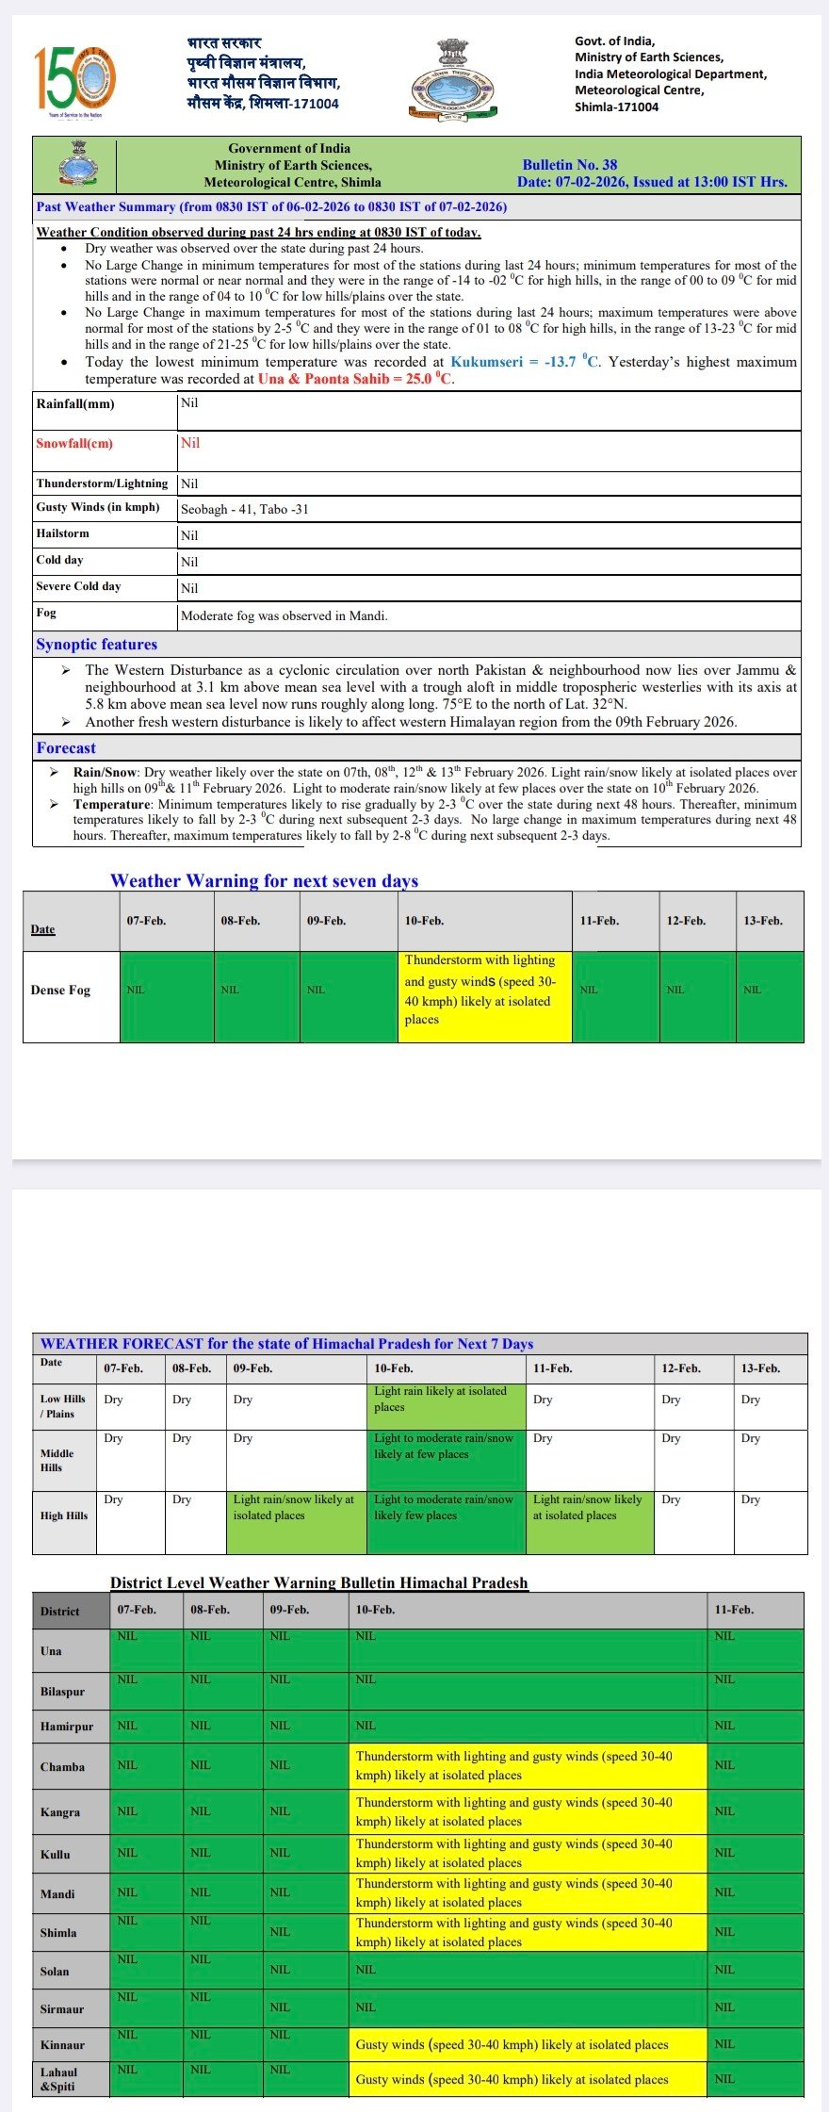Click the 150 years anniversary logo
[74, 80]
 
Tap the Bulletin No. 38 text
[569, 164]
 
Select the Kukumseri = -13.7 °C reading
[525, 362]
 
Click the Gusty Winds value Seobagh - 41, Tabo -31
[245, 509]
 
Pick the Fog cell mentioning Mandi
[284, 615]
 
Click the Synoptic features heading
[96, 645]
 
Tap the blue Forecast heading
[66, 748]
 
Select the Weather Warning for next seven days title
[264, 880]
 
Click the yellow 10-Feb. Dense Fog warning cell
[484, 995]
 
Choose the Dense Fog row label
[60, 990]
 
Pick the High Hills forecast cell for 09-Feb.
[296, 1521]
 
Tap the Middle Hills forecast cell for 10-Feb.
[445, 1460]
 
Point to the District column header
[60, 1611]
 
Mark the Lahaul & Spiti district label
[57, 2079]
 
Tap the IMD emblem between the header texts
[453, 79]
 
